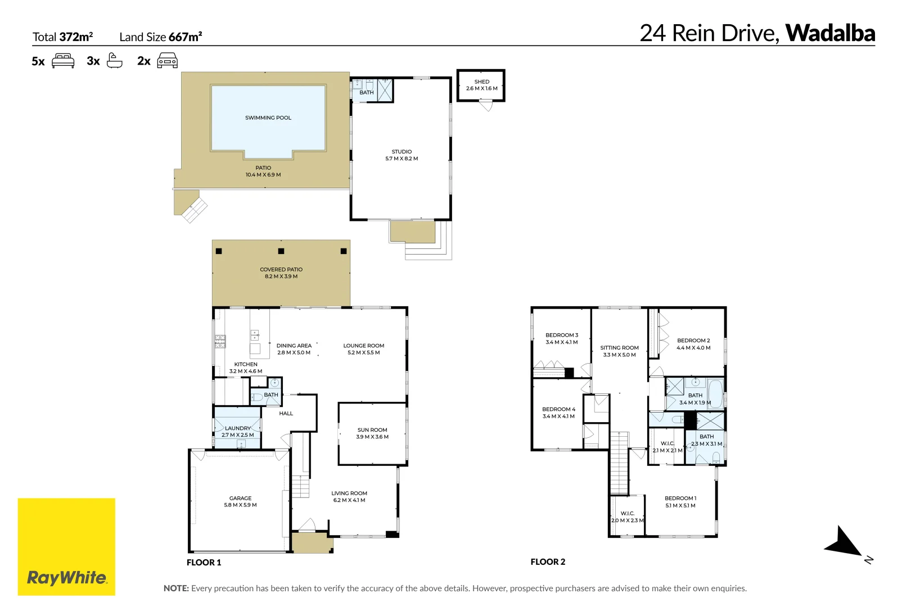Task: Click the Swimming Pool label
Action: click(x=268, y=118)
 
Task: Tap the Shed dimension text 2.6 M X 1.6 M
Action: click(x=481, y=89)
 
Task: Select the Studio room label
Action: click(x=402, y=152)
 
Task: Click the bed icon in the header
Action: click(x=63, y=61)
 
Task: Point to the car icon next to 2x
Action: click(x=167, y=61)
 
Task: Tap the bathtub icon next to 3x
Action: click(x=115, y=60)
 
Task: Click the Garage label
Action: click(x=240, y=499)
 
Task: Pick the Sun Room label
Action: click(x=372, y=430)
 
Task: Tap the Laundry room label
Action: click(x=237, y=428)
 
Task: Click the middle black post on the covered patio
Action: click(x=281, y=251)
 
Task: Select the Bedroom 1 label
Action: click(x=680, y=499)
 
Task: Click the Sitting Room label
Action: click(x=619, y=348)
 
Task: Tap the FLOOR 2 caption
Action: click(x=548, y=562)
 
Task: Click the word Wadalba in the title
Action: click(x=830, y=33)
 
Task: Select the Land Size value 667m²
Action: click(x=185, y=37)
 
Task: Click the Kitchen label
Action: click(x=246, y=364)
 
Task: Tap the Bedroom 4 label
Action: click(x=558, y=409)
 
